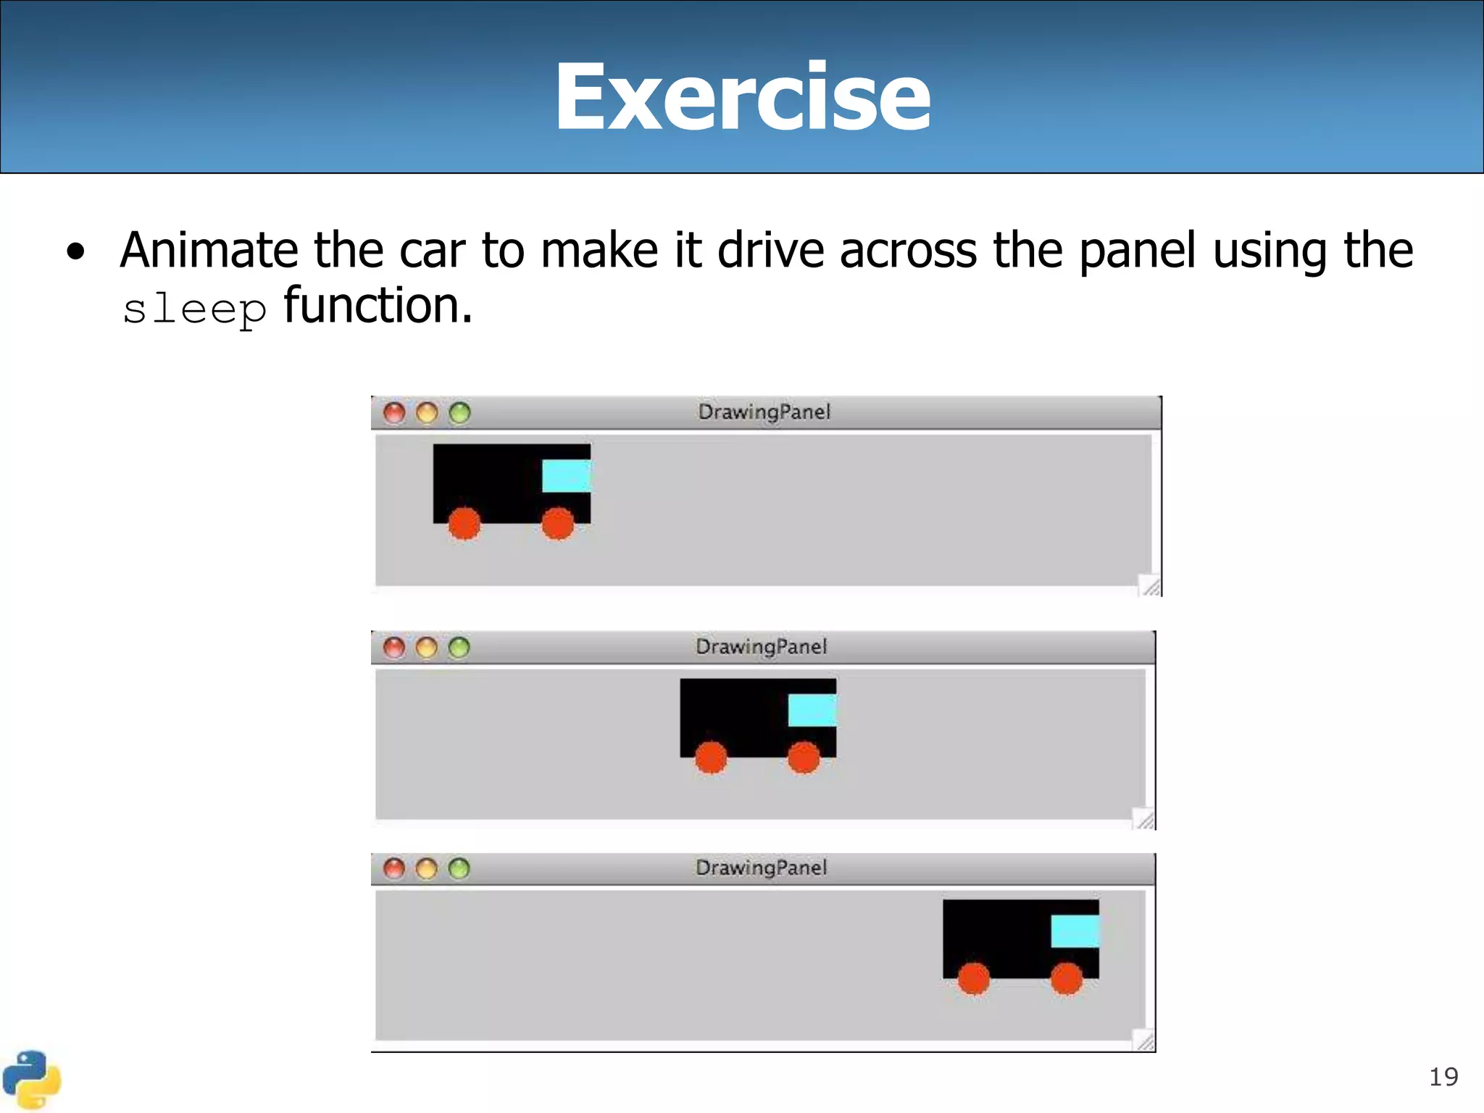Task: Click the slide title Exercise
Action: point(742,97)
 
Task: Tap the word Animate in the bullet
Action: point(209,251)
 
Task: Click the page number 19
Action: point(1443,1077)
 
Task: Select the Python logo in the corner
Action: point(31,1080)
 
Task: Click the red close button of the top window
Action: point(394,413)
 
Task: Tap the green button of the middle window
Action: point(459,647)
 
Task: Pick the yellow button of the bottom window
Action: point(426,868)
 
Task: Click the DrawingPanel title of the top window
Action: point(764,412)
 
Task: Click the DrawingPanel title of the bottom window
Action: point(761,868)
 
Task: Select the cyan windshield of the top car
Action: point(566,476)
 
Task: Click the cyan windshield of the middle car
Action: point(812,710)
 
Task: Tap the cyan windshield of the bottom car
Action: point(1075,931)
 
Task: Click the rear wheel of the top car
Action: point(464,523)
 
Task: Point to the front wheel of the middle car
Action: point(803,758)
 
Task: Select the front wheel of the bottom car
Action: point(1066,979)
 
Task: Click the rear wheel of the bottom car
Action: point(973,979)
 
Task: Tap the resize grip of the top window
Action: point(1151,585)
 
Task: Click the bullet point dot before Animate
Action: point(75,252)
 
